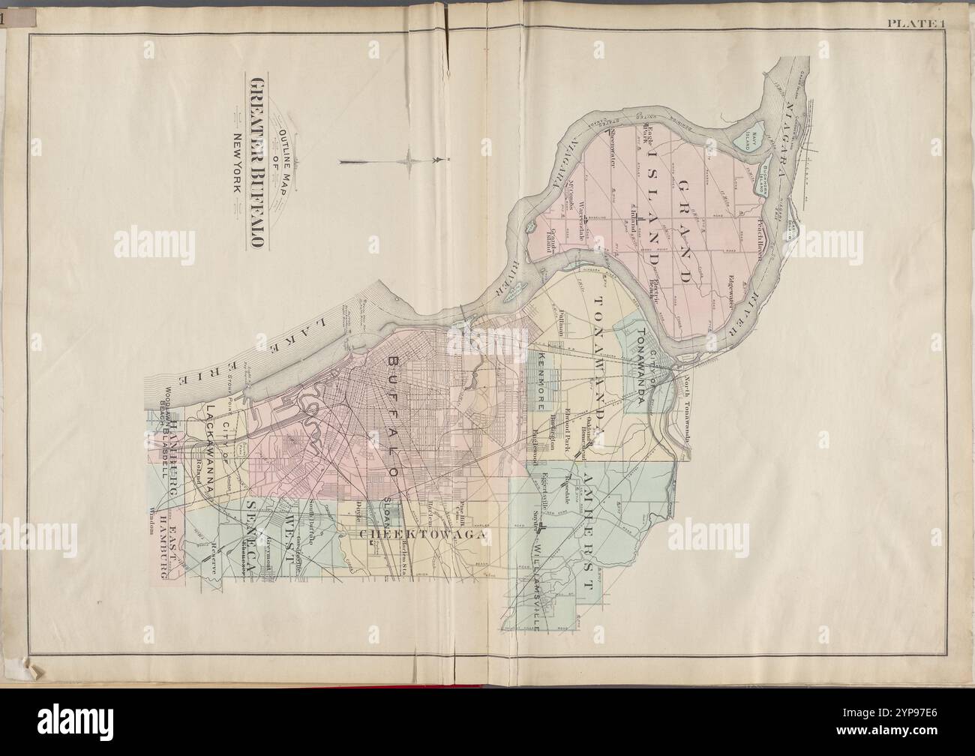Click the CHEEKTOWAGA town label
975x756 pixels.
click(x=424, y=535)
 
